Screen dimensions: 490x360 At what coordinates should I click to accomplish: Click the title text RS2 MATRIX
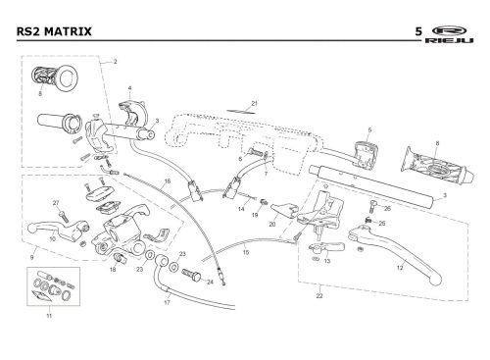tap(54, 31)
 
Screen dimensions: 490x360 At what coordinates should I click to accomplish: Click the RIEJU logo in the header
tap(450, 34)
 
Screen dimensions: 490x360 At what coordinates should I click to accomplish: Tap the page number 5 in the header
tap(418, 31)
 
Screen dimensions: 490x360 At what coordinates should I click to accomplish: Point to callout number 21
tap(255, 104)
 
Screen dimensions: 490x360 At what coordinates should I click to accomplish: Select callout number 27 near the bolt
tap(56, 203)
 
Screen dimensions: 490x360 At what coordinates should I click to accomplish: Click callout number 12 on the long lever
tap(400, 268)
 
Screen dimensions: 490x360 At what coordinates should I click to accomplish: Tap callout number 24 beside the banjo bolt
tap(210, 282)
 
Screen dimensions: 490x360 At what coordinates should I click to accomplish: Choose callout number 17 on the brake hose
tap(167, 303)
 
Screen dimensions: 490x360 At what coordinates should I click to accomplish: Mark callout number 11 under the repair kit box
tap(49, 316)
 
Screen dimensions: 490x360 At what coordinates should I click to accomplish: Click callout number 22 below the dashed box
tap(319, 296)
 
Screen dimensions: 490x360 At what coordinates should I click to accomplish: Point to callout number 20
tap(272, 225)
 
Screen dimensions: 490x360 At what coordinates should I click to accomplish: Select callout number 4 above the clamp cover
tap(129, 88)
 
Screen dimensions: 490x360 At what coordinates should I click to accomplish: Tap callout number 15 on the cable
tap(246, 252)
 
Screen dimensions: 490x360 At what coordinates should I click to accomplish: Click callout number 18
tap(113, 270)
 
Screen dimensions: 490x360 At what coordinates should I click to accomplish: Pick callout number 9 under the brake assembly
tap(31, 258)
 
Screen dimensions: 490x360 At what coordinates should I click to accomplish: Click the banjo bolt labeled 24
tap(191, 275)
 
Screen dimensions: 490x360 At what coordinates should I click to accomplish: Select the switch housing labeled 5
tap(366, 155)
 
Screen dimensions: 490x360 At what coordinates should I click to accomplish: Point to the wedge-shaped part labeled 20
tap(283, 209)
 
